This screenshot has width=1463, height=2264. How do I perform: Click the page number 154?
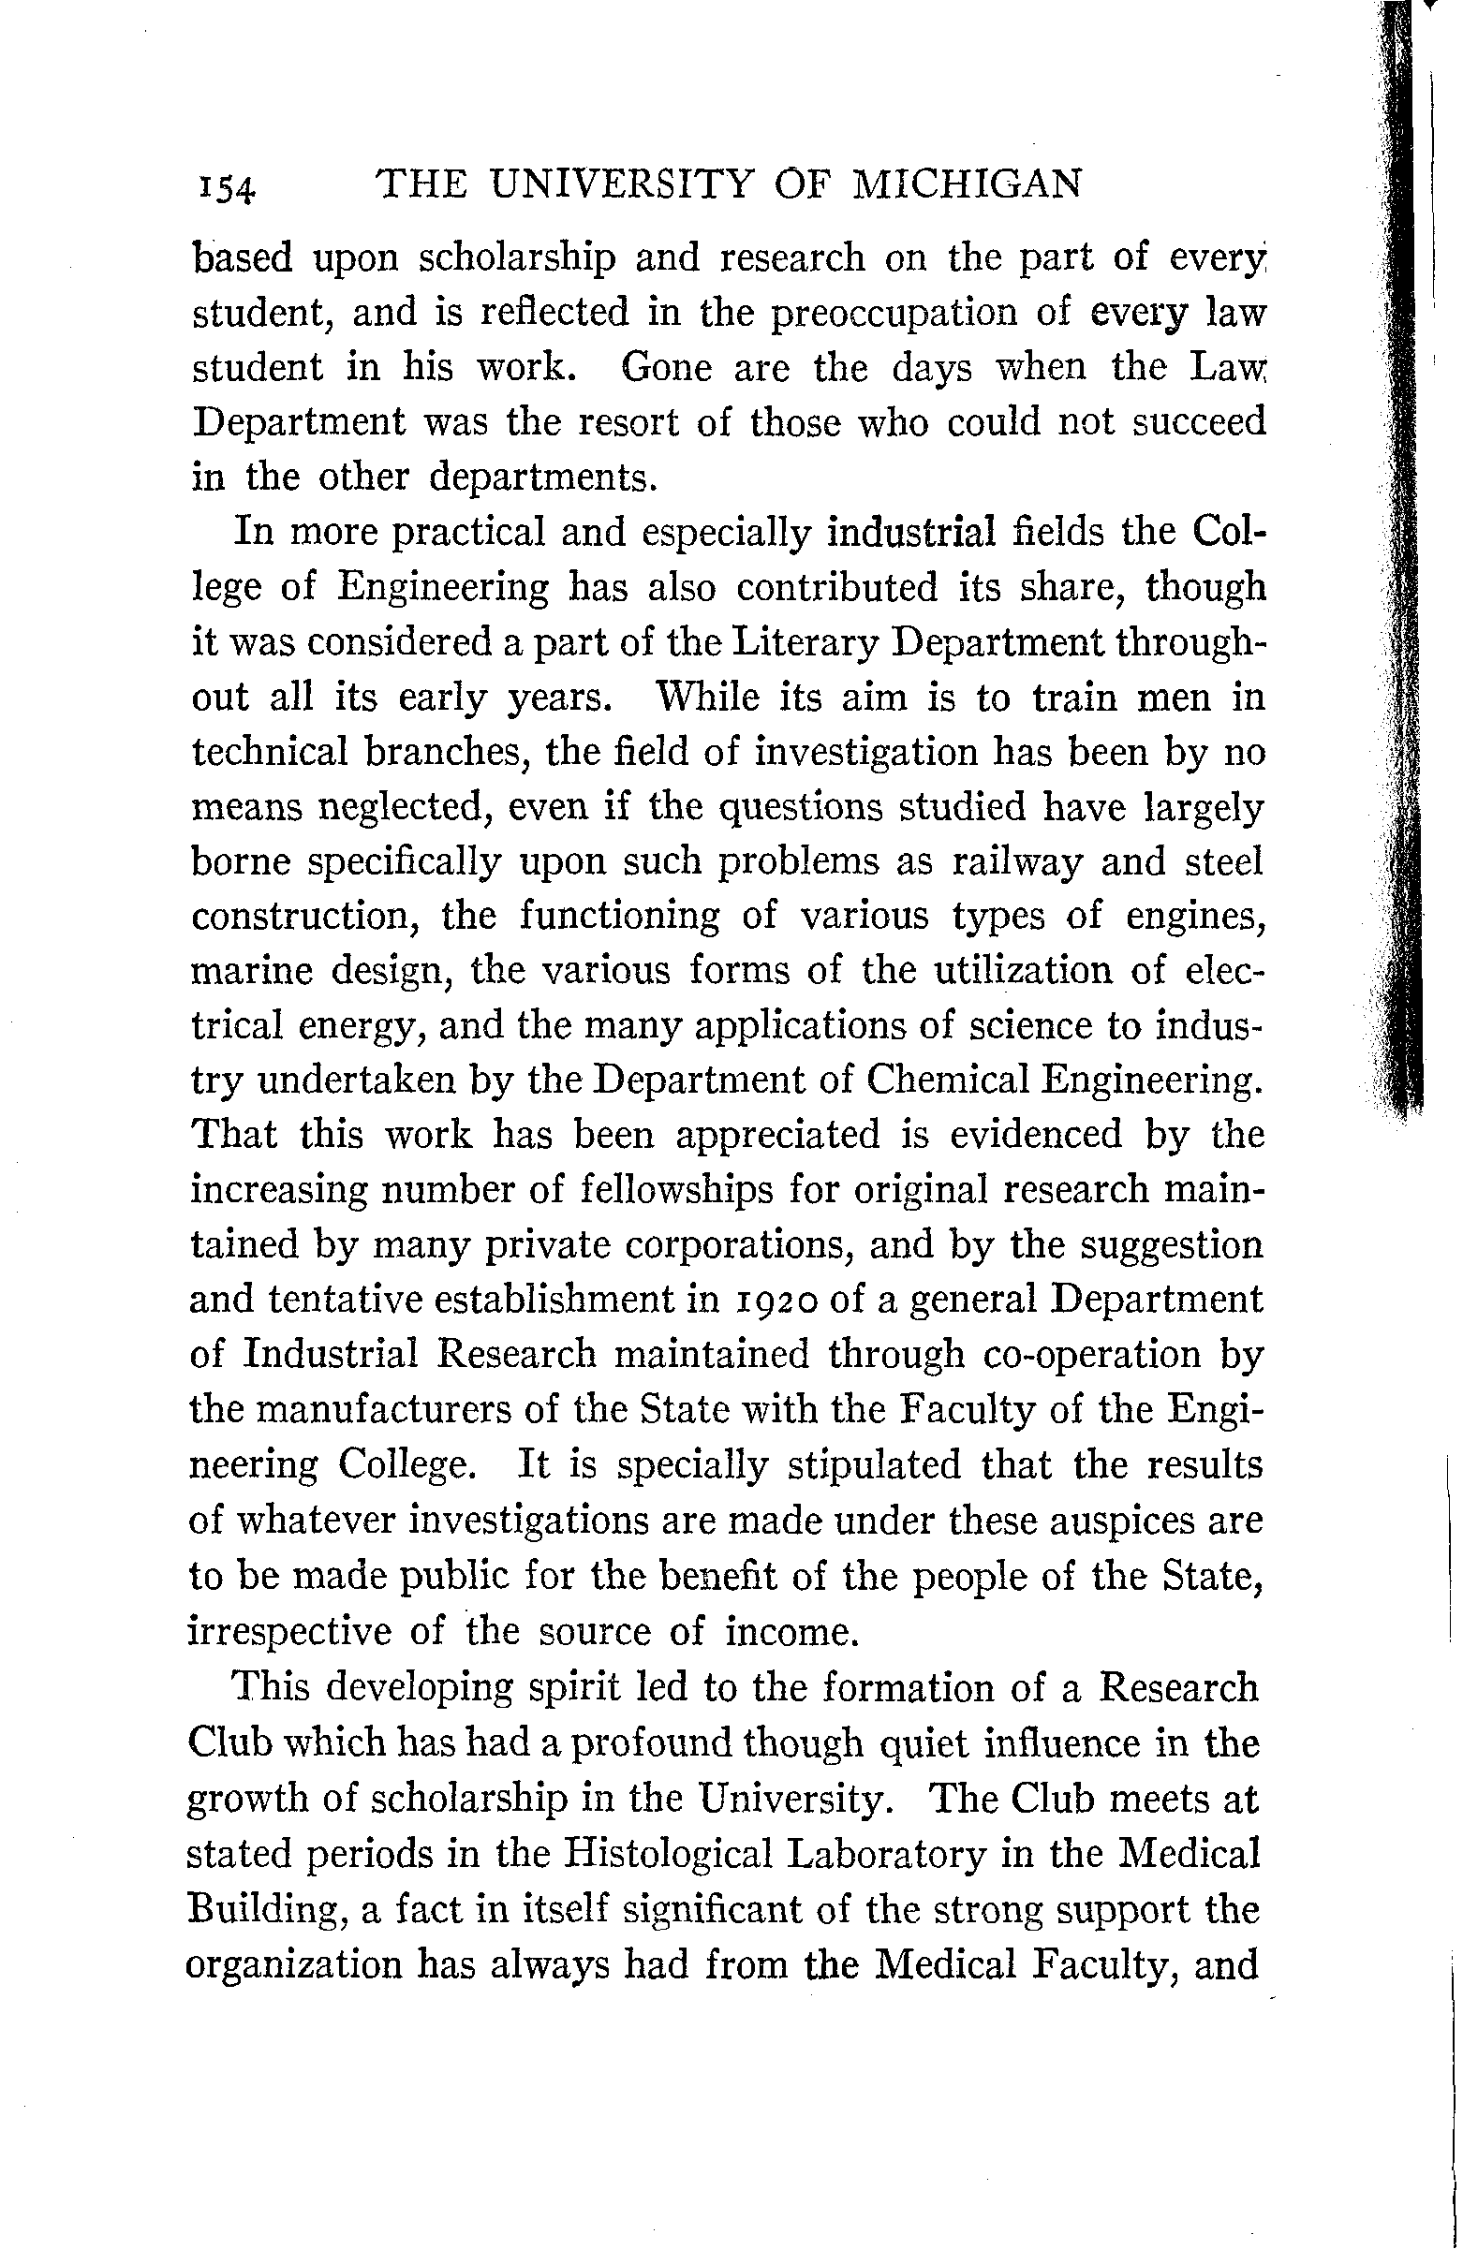tap(227, 188)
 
